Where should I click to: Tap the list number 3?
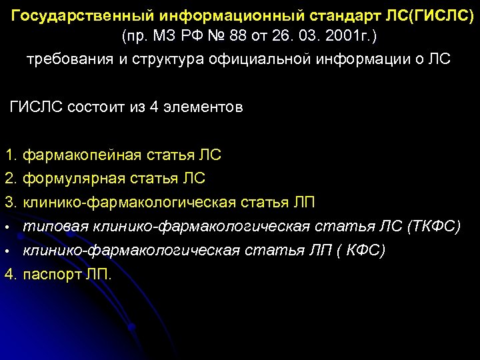[x=9, y=202]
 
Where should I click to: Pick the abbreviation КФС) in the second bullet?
[x=366, y=251]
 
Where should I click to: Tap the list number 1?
[x=9, y=156]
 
